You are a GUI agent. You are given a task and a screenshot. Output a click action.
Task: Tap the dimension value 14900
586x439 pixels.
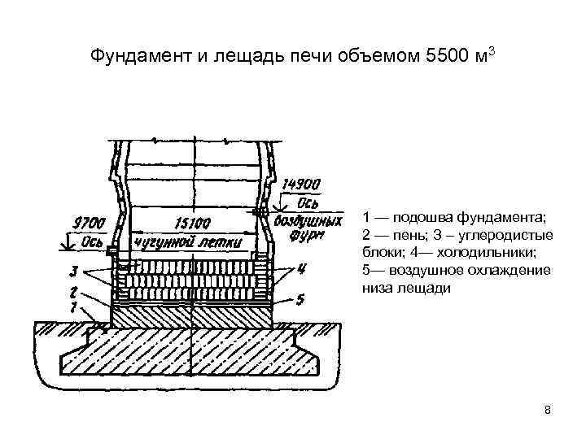point(300,184)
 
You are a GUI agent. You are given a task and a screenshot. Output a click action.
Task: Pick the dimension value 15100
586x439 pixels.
point(191,222)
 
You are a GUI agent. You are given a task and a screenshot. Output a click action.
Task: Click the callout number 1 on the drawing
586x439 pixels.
point(74,306)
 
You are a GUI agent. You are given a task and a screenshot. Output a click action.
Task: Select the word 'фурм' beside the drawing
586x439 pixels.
point(306,236)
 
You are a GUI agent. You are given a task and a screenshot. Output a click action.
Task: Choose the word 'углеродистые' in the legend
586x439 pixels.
point(514,235)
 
